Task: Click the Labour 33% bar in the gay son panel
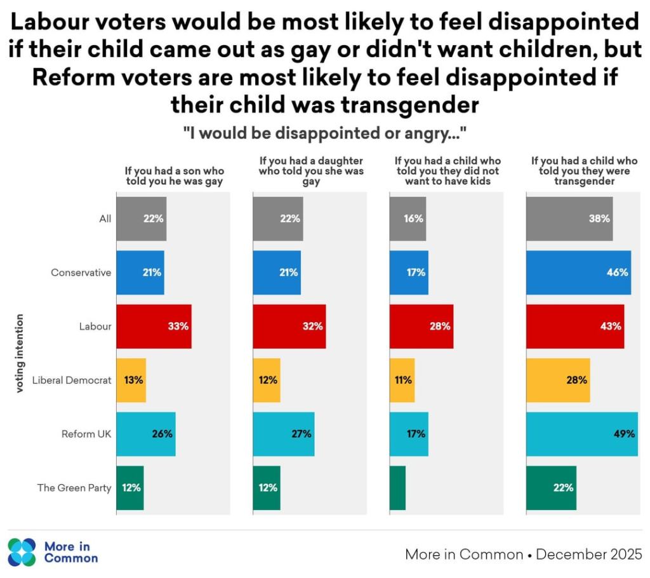pos(154,326)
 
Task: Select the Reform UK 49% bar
pos(581,434)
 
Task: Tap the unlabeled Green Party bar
pos(397,488)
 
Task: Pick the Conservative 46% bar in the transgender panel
pos(578,272)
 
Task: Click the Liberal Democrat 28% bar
pos(558,380)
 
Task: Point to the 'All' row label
pos(105,218)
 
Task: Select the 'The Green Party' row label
pos(74,488)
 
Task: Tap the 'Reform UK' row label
pos(86,434)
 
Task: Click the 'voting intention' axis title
pos(20,353)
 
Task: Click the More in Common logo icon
pos(22,552)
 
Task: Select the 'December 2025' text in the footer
pos(589,554)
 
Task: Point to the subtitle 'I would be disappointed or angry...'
pos(325,135)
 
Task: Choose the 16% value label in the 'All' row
pos(414,218)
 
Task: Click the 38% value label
pos(599,218)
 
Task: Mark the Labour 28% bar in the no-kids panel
pos(421,326)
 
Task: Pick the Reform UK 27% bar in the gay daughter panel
pos(283,434)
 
